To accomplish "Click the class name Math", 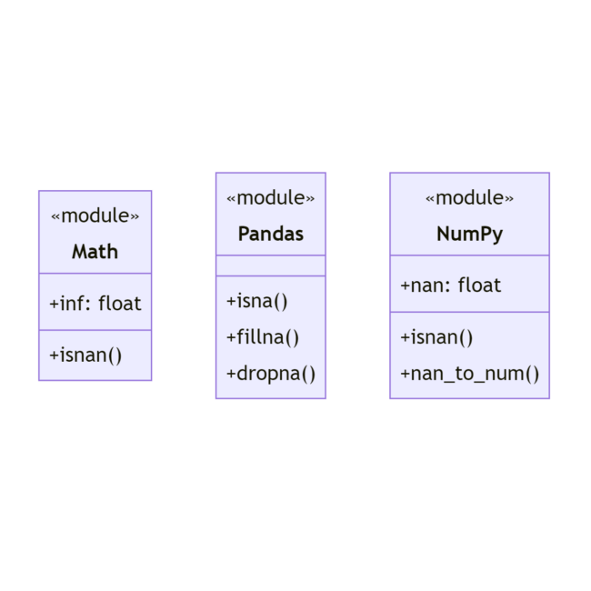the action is pyautogui.click(x=95, y=251).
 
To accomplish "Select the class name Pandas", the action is pyautogui.click(x=271, y=234).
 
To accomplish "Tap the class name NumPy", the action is pyautogui.click(x=470, y=235).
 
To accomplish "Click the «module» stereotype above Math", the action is pyautogui.click(x=95, y=215).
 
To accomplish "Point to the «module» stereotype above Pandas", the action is pyautogui.click(x=271, y=198).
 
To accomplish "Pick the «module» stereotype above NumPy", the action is pyautogui.click(x=470, y=198).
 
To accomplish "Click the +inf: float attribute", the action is pyautogui.click(x=95, y=304).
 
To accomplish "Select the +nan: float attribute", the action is pyautogui.click(x=451, y=285).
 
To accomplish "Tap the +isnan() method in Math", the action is pyautogui.click(x=85, y=356).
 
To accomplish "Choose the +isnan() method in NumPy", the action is pyautogui.click(x=436, y=337).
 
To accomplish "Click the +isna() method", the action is pyautogui.click(x=256, y=301).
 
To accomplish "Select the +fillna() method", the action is pyautogui.click(x=263, y=337).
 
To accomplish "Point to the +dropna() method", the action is pyautogui.click(x=271, y=374).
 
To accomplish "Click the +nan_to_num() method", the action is pyautogui.click(x=470, y=374).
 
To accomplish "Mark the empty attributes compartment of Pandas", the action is pyautogui.click(x=271, y=265).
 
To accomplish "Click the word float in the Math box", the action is pyautogui.click(x=120, y=304).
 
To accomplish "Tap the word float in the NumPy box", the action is pyautogui.click(x=480, y=285).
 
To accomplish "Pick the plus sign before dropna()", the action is pyautogui.click(x=231, y=374).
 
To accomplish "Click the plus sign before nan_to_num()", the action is pyautogui.click(x=406, y=374).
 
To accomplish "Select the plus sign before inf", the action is pyautogui.click(x=55, y=304).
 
